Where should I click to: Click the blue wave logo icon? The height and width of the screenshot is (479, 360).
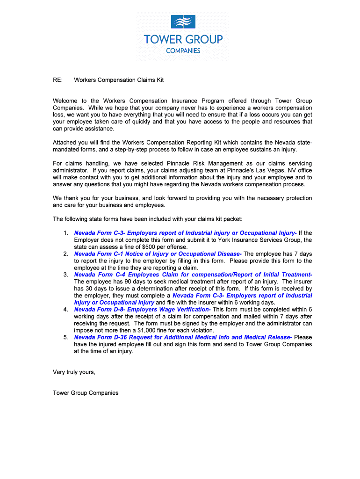point(183,22)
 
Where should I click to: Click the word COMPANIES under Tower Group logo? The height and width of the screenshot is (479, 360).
point(183,51)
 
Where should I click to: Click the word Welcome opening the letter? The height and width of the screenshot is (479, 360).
point(65,101)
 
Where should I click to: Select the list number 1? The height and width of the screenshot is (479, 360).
point(65,233)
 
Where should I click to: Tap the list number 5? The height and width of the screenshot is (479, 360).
point(65,337)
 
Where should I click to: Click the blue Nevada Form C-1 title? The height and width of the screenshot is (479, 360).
point(158,254)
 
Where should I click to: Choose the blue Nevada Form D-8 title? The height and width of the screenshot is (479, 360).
point(142,310)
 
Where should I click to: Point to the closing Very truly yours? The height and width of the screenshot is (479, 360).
point(74,372)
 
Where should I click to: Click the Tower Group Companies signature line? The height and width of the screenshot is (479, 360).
point(86,393)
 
